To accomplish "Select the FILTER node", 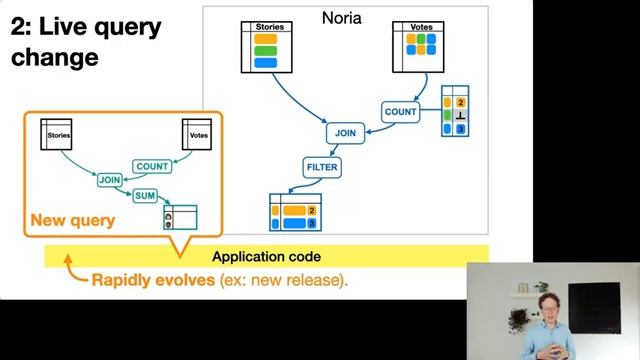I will point(322,165).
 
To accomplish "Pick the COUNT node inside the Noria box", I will point(400,112).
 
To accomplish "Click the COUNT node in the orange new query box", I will point(152,166).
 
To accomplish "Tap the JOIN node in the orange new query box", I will point(110,180).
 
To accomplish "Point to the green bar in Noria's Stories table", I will point(265,50).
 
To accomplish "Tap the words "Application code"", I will point(266,257).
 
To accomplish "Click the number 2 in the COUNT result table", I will point(461,102).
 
